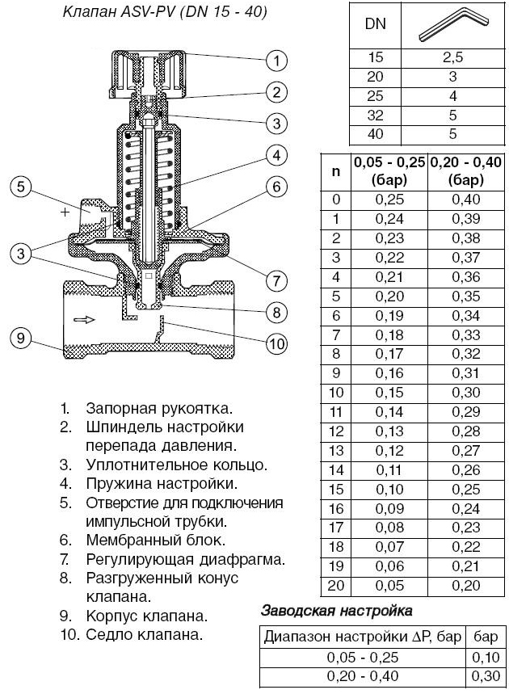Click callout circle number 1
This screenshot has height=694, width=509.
(x=276, y=60)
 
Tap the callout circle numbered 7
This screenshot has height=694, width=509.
(x=276, y=281)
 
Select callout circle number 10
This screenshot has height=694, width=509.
(x=276, y=344)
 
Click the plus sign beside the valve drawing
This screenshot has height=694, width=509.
(x=65, y=212)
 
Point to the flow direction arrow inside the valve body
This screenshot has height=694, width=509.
(x=82, y=319)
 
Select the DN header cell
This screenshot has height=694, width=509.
(x=375, y=24)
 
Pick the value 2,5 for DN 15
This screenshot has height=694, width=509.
(x=452, y=59)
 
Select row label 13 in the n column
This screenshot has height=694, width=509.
(x=336, y=449)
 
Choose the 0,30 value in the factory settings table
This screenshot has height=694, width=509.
(x=486, y=675)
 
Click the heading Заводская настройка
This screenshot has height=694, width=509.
(x=336, y=611)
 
